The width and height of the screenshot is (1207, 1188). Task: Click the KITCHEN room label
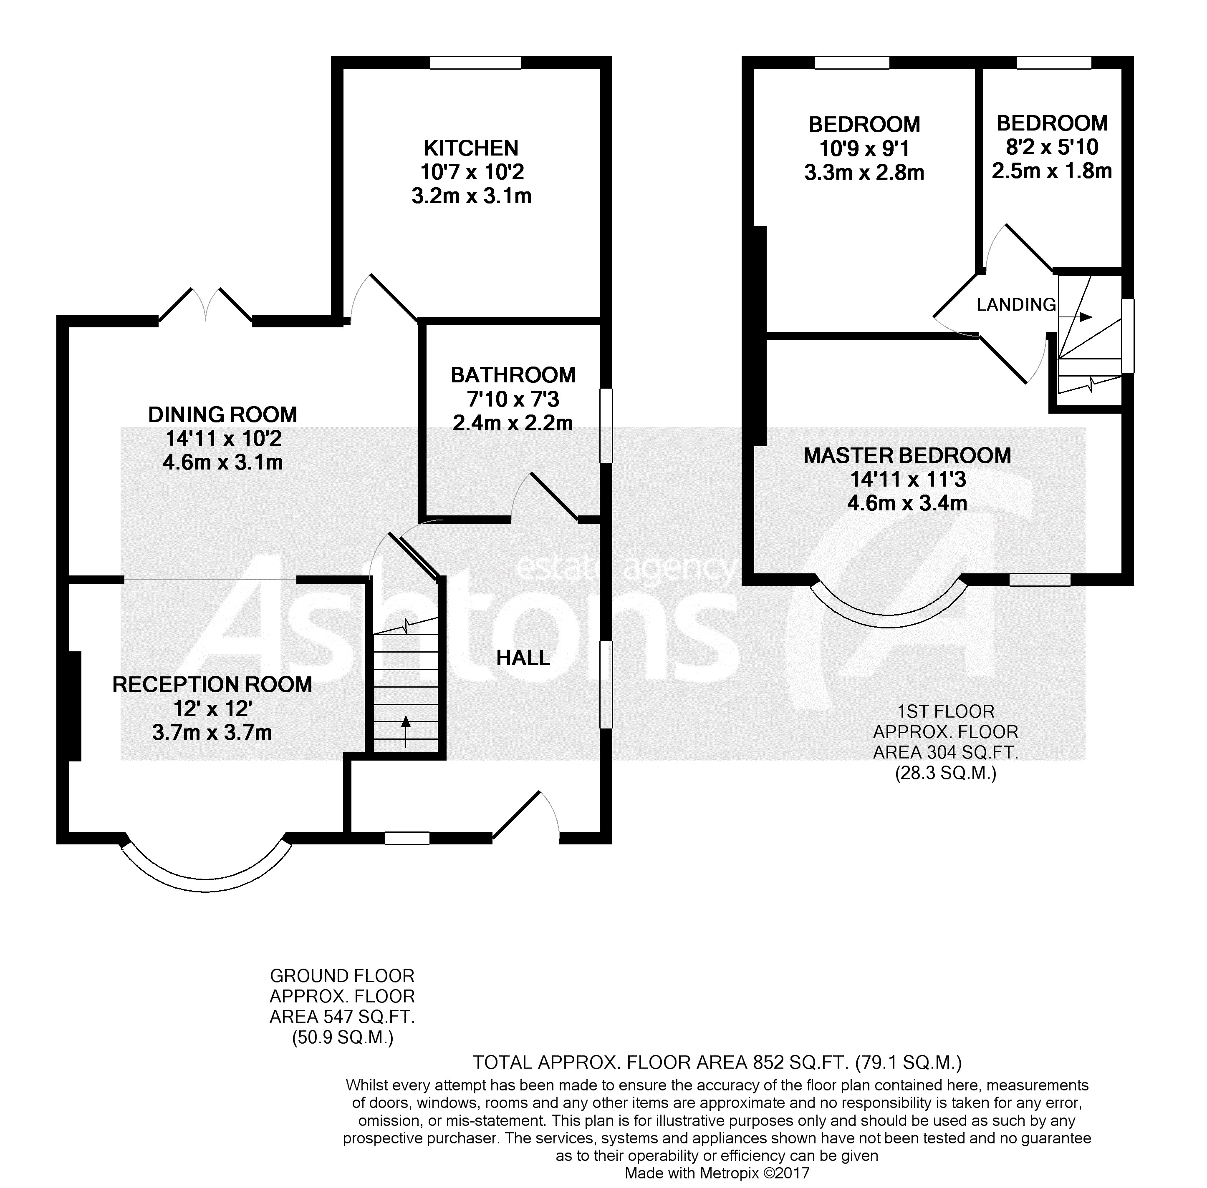(x=471, y=148)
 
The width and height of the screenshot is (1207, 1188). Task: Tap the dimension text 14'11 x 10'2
(x=223, y=439)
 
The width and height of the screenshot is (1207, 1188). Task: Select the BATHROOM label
(x=513, y=375)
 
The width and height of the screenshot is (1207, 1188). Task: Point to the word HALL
(x=523, y=658)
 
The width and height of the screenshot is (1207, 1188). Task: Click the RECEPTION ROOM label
(x=212, y=684)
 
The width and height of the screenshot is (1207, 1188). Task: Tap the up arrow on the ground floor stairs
(x=406, y=730)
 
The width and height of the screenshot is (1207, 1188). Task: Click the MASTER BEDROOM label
(x=907, y=455)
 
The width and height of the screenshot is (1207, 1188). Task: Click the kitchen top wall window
(x=475, y=63)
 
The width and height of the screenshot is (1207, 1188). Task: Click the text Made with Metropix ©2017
(x=717, y=1173)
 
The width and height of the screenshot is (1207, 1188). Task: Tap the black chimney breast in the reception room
(x=74, y=706)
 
